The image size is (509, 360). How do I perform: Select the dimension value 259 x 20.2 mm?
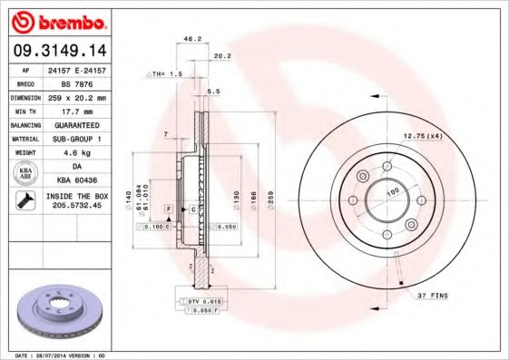coord(76,96)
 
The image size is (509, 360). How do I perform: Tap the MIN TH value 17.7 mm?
coord(76,110)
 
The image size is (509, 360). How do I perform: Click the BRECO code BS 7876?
coord(76,83)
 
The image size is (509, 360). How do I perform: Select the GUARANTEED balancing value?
coord(76,124)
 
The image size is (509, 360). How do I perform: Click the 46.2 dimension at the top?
coord(191,39)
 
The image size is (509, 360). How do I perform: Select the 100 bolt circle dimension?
coord(394,192)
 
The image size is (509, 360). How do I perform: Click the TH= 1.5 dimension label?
coord(165,72)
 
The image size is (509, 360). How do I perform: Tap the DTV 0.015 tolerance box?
coord(201,299)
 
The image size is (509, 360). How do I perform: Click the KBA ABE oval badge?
coord(24,172)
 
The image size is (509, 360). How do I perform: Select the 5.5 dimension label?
coord(215,92)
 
